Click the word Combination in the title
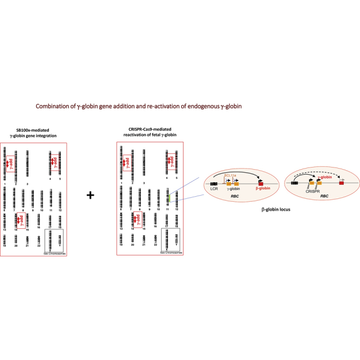click(53, 107)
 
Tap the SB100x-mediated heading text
click(35, 131)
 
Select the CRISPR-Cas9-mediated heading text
click(150, 131)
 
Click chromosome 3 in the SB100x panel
click(28, 158)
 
